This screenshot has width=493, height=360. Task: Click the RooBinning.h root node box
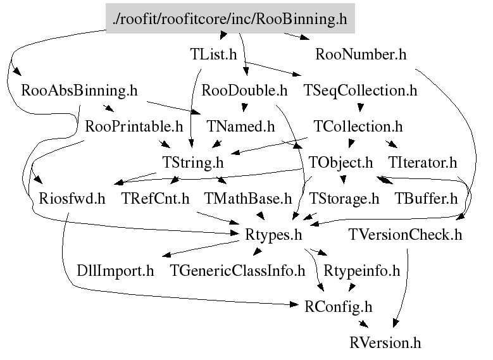[230, 20]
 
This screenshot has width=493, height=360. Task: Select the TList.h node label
[214, 54]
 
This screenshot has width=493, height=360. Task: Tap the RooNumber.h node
[361, 54]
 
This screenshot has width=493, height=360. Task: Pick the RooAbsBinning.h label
[79, 90]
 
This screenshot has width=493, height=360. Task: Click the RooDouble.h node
[244, 90]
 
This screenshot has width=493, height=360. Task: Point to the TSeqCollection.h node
[361, 90]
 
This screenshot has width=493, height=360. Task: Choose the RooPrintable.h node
[134, 126]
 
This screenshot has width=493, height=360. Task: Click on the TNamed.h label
[241, 126]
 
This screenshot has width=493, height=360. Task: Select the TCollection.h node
[358, 126]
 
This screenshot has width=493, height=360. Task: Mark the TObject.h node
[341, 162]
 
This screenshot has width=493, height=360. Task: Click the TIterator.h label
[423, 162]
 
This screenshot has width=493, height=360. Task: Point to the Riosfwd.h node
[72, 199]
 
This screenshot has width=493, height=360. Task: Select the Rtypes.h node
[274, 235]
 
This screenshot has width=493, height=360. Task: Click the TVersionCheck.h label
[405, 235]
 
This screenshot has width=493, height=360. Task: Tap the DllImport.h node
[115, 271]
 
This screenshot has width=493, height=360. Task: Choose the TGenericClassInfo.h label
[238, 271]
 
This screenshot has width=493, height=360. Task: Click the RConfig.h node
[338, 307]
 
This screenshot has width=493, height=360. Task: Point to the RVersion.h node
[385, 343]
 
